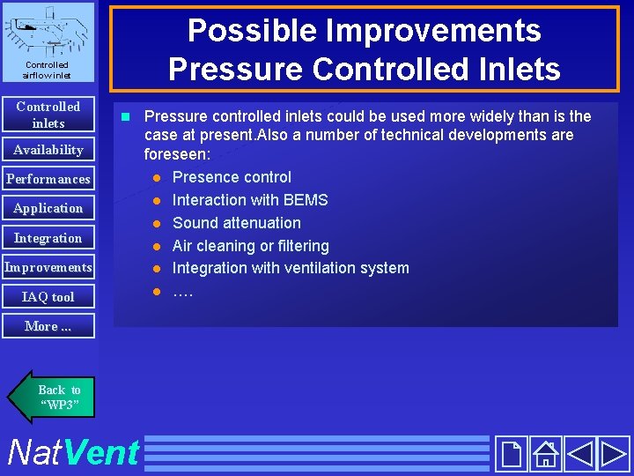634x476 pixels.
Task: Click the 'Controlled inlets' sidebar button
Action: click(48, 115)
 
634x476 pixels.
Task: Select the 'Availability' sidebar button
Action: click(48, 150)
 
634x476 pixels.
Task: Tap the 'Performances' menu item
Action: click(48, 179)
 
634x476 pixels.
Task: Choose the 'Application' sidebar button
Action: click(48, 208)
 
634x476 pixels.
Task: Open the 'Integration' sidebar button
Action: click(48, 238)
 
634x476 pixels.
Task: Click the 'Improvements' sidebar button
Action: click(48, 267)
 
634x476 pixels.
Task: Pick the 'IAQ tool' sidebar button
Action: click(48, 297)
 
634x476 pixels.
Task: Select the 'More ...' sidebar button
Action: click(48, 326)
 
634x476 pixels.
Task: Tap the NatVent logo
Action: click(72, 453)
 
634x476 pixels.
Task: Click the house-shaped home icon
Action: click(545, 454)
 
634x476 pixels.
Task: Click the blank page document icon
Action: click(511, 454)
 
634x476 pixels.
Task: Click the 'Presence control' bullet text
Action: click(232, 177)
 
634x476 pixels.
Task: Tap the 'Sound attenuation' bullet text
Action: click(236, 223)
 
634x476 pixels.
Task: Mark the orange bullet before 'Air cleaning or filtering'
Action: click(156, 246)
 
